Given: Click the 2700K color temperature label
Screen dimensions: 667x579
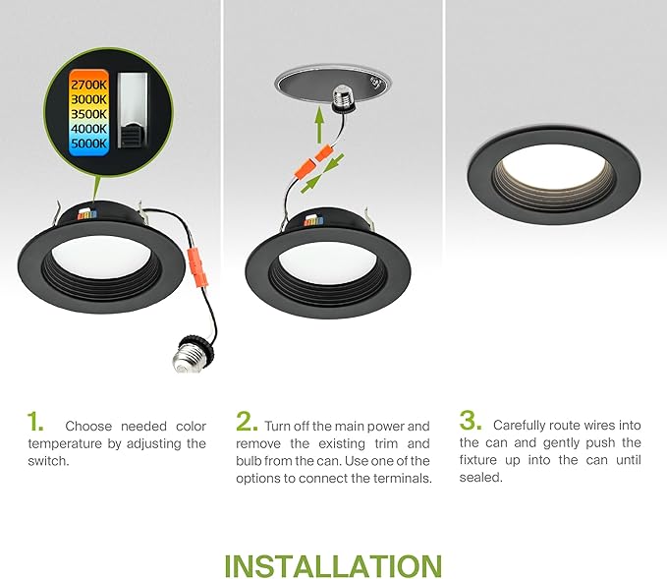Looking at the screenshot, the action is [x=88, y=85].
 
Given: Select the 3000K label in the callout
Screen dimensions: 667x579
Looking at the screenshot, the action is [x=88, y=99].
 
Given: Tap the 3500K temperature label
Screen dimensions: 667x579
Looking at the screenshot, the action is [x=88, y=114].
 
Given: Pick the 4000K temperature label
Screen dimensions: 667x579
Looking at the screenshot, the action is [x=88, y=129].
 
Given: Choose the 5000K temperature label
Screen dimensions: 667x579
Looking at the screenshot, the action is [x=88, y=144].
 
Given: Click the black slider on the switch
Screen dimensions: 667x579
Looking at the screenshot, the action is [x=132, y=136].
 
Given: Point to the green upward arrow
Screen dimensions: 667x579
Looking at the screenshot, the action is [x=319, y=125].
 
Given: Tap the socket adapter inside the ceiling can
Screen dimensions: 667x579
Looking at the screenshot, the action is [x=343, y=98].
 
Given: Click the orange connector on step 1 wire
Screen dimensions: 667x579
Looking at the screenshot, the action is [x=197, y=267].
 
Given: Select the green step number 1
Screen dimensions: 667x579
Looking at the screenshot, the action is [x=35, y=422].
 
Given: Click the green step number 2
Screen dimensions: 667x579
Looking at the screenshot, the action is [x=247, y=422].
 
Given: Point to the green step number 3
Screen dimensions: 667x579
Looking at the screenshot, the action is [x=471, y=421].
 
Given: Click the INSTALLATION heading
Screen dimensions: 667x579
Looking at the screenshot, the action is [x=333, y=566].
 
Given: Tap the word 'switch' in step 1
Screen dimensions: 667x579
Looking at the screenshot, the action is [x=48, y=461].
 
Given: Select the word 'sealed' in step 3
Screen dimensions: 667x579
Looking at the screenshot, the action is [x=480, y=477].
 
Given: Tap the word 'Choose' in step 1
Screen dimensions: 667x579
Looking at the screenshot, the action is [x=88, y=427].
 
